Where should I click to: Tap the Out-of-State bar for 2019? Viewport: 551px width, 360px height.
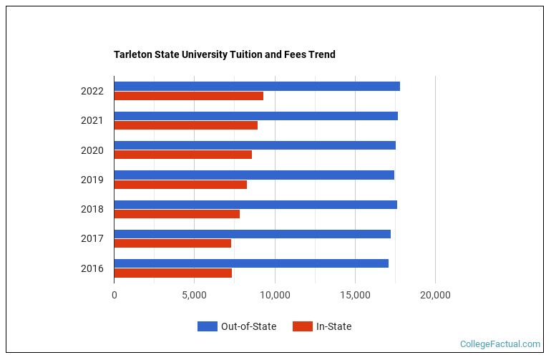[253, 175]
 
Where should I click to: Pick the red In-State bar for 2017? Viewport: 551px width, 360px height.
[172, 243]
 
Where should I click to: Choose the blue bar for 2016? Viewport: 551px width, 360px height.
[250, 263]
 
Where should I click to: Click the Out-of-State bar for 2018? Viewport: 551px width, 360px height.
[255, 205]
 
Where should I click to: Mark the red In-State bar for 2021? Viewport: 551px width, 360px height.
[185, 125]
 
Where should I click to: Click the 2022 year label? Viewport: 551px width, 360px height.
[92, 92]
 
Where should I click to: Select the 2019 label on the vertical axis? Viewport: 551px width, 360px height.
[92, 180]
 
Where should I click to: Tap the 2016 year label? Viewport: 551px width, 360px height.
[92, 268]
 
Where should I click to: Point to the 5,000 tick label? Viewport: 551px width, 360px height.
[194, 294]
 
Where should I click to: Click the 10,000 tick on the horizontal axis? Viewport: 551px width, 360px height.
[275, 294]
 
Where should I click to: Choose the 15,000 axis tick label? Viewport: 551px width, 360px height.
[355, 294]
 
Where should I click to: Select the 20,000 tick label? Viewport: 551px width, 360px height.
[435, 294]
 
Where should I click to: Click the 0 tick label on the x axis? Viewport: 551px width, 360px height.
[114, 294]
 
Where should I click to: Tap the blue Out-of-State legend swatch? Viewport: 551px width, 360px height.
[208, 326]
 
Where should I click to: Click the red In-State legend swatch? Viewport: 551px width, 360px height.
[303, 326]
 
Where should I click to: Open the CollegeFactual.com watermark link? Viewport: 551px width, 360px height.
[499, 344]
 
